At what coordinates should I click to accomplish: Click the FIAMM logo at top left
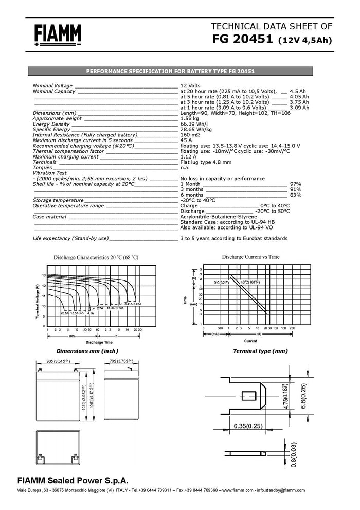[58, 35]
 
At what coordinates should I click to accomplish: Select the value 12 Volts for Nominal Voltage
[190, 85]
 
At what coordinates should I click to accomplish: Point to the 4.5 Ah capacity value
[298, 91]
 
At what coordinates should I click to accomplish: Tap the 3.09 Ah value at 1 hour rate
[299, 108]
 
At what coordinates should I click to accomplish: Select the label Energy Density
[51, 124]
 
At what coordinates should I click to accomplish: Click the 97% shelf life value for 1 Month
[296, 184]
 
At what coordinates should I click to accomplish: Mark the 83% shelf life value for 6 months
[296, 195]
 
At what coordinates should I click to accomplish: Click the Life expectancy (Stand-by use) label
[70, 239]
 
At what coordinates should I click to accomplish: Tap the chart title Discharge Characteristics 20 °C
[96, 257]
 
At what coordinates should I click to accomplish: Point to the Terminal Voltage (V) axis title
[38, 300]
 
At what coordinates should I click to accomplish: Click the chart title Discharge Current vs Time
[250, 256]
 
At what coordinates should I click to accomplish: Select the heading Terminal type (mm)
[260, 351]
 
